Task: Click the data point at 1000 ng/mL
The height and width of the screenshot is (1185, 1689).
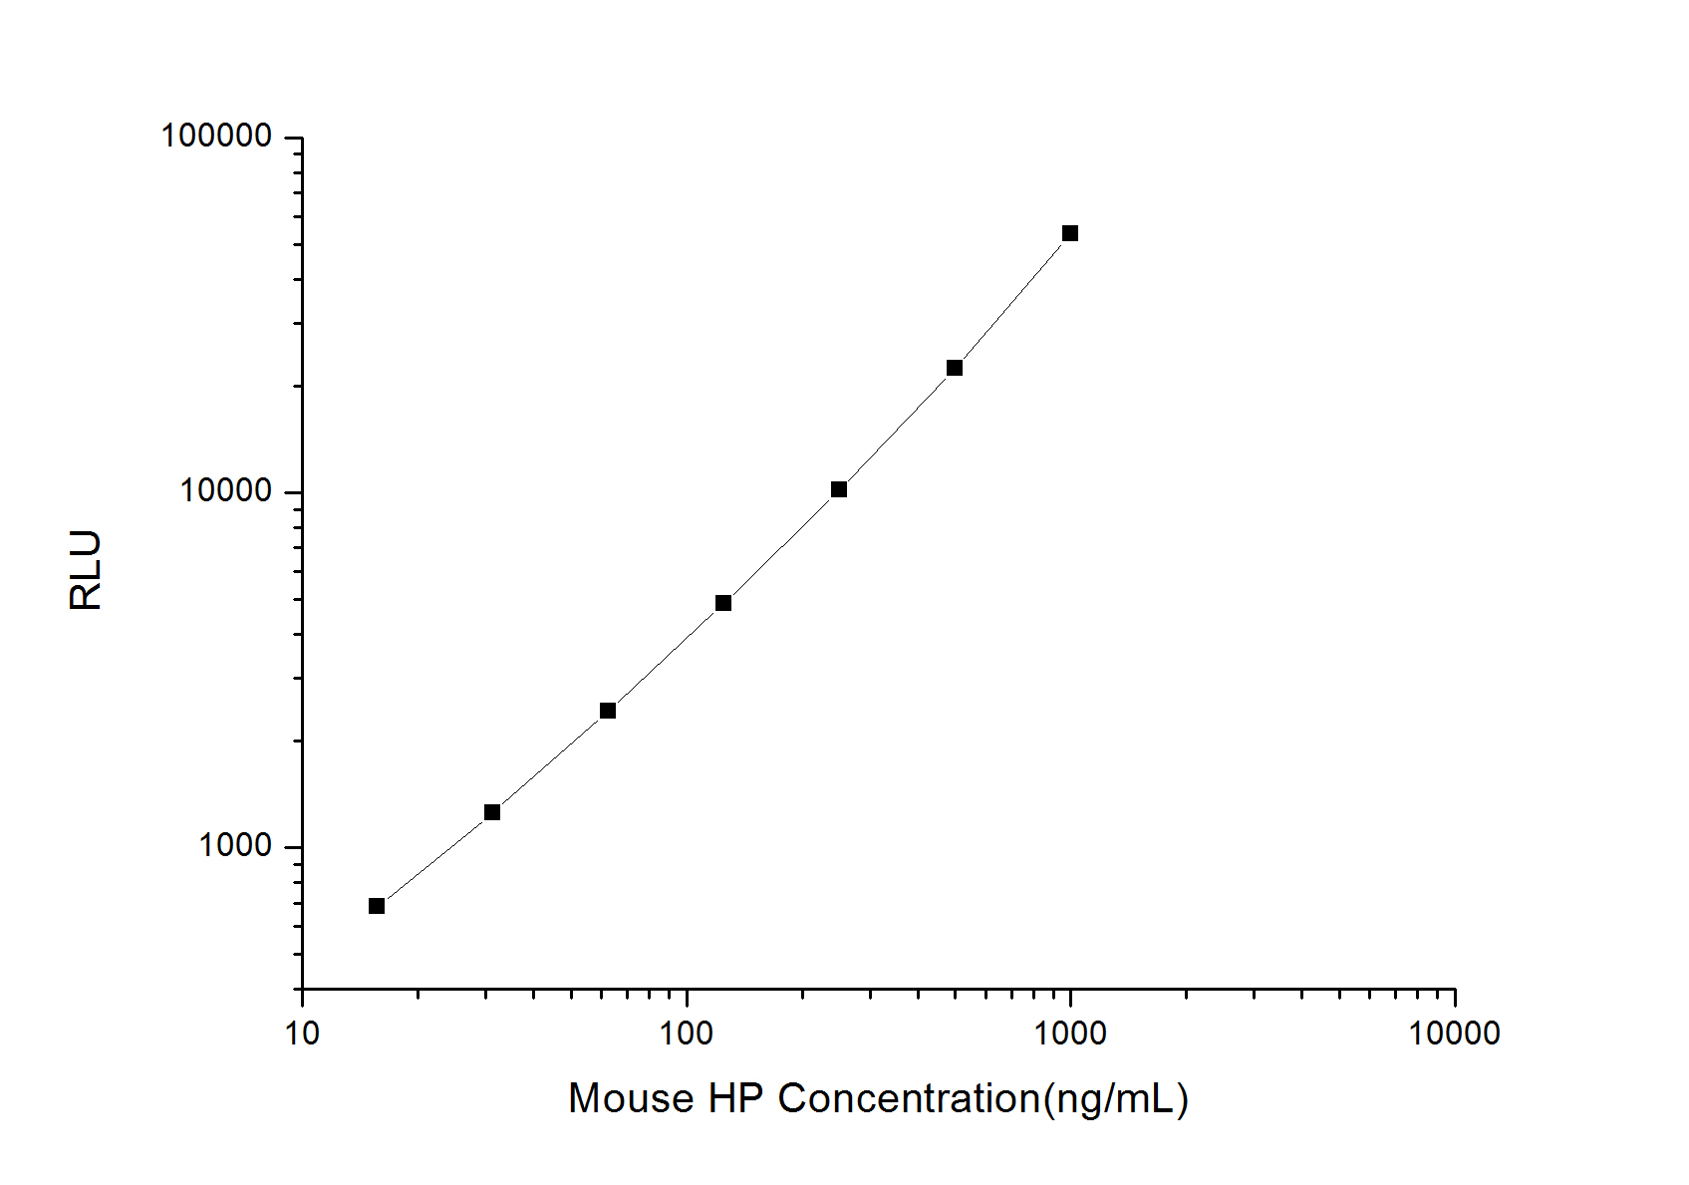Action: tap(1070, 233)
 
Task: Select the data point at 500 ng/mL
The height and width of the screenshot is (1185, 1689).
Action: tap(955, 368)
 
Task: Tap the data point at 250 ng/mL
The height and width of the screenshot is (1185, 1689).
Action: tap(839, 489)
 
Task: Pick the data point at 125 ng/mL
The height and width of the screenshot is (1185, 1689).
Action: tap(723, 603)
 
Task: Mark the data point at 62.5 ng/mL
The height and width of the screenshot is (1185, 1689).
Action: tap(608, 711)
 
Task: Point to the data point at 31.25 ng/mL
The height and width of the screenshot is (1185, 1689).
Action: tap(492, 812)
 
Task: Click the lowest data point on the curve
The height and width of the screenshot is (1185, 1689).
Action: tap(377, 906)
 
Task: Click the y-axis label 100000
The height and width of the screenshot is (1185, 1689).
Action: tap(217, 136)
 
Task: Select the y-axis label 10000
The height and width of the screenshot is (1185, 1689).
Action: tap(226, 490)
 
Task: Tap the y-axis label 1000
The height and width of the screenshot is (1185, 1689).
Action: tap(235, 845)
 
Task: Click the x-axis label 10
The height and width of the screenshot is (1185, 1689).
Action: tap(302, 1034)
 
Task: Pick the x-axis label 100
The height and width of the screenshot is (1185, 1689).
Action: tap(687, 1034)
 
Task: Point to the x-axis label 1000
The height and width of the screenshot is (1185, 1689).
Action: tap(1070, 1034)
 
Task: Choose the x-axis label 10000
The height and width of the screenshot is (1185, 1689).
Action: tap(1454, 1034)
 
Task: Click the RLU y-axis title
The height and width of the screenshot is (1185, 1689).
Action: tap(87, 570)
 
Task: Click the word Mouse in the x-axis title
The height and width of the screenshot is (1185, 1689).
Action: tap(631, 1098)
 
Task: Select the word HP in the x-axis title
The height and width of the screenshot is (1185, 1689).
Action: tap(735, 1098)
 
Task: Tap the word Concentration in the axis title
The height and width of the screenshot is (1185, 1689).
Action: tap(909, 1098)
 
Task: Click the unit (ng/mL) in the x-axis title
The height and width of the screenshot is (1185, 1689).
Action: tap(1115, 1098)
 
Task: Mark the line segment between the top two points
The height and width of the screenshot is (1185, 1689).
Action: tap(1012, 301)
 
